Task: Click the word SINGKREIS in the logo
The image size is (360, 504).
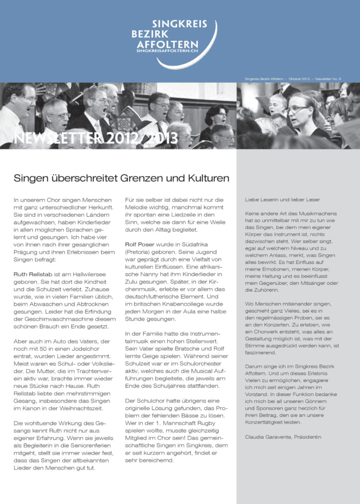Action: tap(179, 23)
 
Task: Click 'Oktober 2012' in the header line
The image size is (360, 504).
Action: tap(299, 78)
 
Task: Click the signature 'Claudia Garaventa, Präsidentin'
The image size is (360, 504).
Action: tap(283, 436)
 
